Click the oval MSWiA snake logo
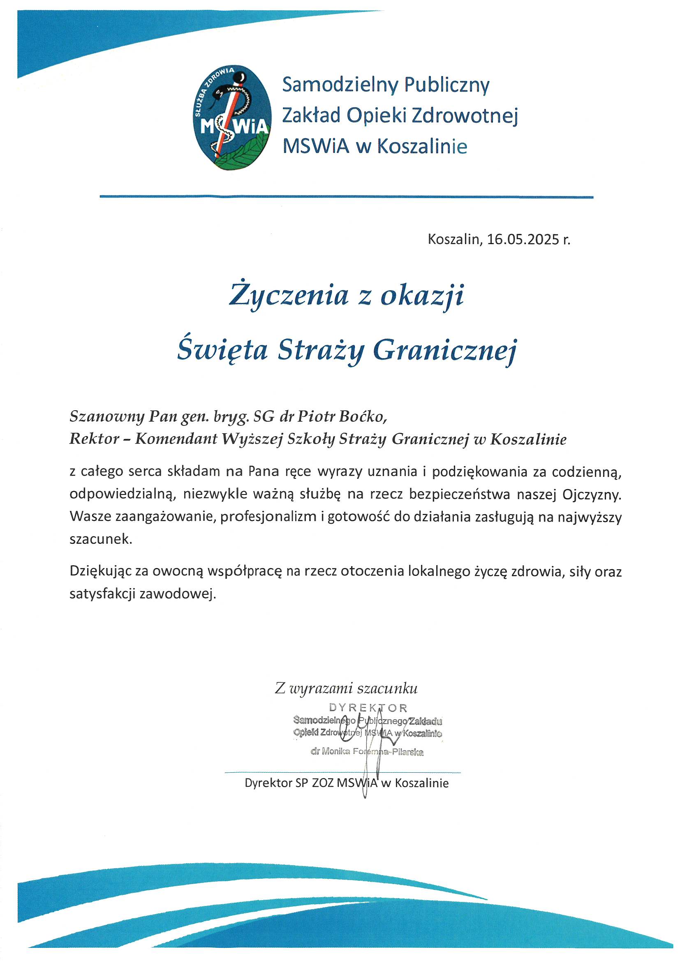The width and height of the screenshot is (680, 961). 234,118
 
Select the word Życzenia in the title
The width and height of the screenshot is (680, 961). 289,296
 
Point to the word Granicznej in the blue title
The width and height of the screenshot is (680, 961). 445,351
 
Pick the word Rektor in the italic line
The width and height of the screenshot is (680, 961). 94,439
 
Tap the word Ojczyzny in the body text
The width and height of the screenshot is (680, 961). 592,494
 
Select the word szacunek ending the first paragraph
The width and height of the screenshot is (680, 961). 100,539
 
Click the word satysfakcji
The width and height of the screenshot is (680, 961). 102,594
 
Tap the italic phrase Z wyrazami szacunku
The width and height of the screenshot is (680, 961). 346,688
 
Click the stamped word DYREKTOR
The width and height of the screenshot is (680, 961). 368,708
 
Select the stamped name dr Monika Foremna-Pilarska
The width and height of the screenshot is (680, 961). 367,752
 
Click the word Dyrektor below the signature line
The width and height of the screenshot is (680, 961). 268,783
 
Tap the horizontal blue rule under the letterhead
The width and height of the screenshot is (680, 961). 346,196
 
